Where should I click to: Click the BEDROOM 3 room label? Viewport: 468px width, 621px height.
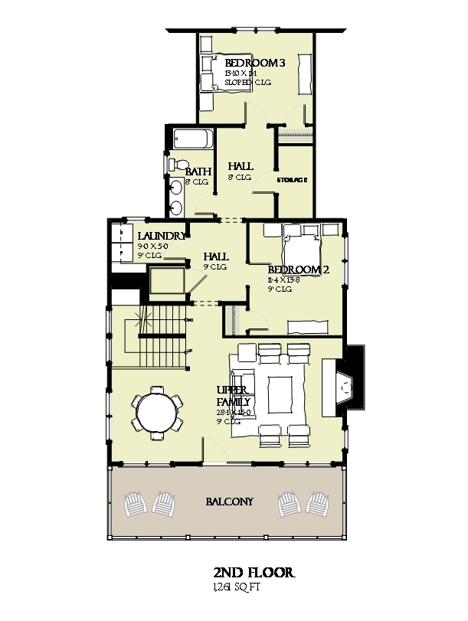pos(254,62)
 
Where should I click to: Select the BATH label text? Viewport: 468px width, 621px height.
pos(198,172)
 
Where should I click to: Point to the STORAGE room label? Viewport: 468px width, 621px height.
pos(292,181)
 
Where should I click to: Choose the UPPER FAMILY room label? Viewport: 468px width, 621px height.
pos(231,396)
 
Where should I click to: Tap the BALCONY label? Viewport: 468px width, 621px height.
pos(230,502)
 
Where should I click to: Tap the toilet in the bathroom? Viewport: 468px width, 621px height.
pos(177,165)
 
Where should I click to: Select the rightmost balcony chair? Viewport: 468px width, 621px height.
pos(321,503)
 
